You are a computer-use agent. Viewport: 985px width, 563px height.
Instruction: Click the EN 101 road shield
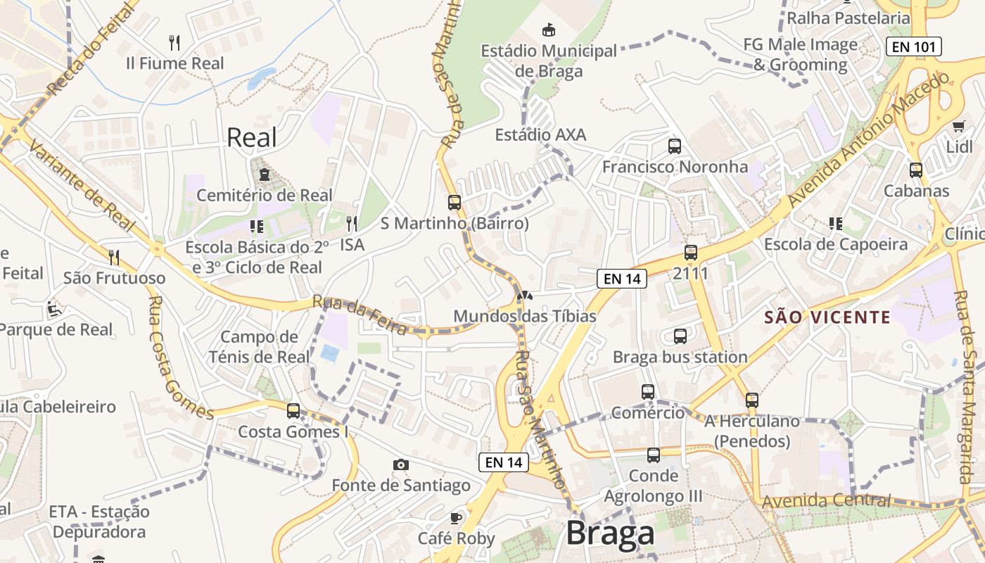[913, 47]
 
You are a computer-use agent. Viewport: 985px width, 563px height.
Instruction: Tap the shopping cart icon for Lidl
[958, 127]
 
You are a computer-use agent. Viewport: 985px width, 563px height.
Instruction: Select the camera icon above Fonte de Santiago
[401, 464]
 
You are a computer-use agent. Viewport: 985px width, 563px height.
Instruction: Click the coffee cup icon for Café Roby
[456, 519]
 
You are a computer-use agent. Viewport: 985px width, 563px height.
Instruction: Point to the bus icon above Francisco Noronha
[675, 146]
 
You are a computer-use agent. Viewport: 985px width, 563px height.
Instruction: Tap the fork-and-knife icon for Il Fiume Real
[175, 43]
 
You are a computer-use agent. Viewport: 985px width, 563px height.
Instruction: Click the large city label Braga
[610, 533]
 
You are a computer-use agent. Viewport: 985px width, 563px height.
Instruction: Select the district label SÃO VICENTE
[827, 317]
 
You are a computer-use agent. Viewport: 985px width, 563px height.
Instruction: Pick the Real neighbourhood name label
[252, 138]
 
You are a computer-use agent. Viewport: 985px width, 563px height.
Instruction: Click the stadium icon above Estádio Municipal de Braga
[548, 30]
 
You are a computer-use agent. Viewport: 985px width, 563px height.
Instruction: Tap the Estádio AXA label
[540, 134]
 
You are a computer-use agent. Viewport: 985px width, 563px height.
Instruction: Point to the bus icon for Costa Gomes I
[293, 411]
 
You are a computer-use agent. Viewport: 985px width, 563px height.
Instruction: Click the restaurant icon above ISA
[352, 224]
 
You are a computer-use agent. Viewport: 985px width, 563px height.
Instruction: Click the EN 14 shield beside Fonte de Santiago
[503, 462]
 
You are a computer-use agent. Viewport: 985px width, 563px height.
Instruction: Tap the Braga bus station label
[680, 357]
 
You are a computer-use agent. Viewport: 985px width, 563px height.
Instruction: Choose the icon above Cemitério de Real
[264, 174]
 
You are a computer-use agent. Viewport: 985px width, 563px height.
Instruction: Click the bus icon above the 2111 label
[691, 253]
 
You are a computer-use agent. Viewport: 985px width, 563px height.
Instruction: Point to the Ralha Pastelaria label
[848, 18]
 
